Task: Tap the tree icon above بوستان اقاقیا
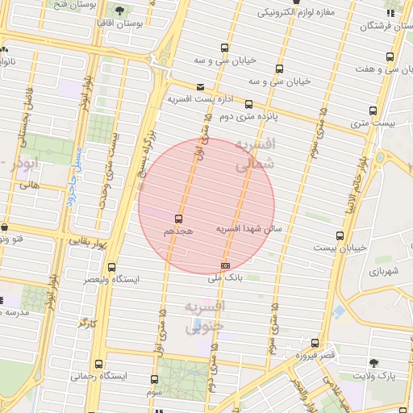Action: (119, 10)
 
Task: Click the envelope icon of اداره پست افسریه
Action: (200, 86)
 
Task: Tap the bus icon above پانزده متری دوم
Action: (249, 103)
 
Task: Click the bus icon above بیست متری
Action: (373, 111)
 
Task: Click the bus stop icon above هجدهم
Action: (178, 219)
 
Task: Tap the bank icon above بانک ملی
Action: (225, 265)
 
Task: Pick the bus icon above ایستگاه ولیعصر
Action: (112, 266)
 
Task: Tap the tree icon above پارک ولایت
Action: (373, 363)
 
